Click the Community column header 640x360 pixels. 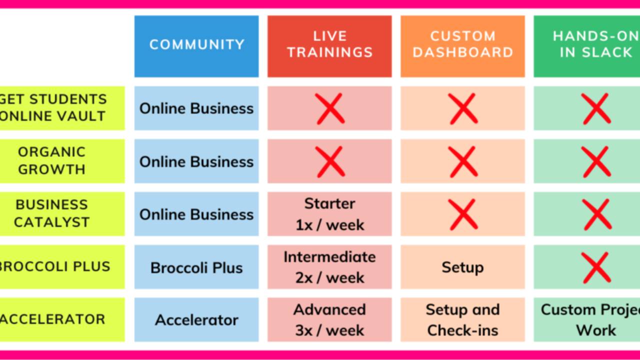[x=196, y=45]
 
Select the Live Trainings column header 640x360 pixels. [x=329, y=45]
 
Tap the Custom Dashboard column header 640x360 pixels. [x=462, y=45]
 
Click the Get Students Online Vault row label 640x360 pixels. [x=55, y=108]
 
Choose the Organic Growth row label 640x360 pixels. [x=52, y=160]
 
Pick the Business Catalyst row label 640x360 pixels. [x=52, y=213]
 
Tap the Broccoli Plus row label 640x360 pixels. [x=55, y=266]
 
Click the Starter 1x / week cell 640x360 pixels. [x=329, y=214]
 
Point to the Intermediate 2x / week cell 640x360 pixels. [x=329, y=267]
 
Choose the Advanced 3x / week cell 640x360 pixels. [x=329, y=320]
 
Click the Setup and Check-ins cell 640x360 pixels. [x=462, y=320]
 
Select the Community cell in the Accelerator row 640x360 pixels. [x=196, y=320]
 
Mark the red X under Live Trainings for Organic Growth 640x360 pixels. [x=330, y=161]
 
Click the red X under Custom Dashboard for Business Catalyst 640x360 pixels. [x=463, y=214]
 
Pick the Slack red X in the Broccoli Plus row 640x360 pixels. [x=596, y=267]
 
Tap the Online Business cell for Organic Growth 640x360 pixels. [x=196, y=161]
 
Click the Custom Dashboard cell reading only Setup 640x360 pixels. [x=462, y=267]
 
